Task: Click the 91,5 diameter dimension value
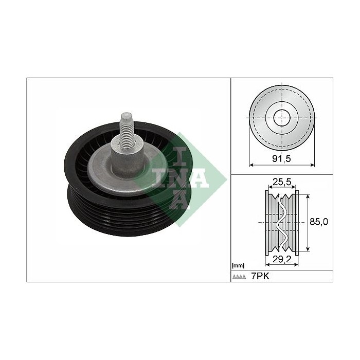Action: click(x=281, y=158)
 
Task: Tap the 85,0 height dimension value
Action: click(x=319, y=222)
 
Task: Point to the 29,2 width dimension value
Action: click(x=282, y=259)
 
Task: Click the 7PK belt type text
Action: click(x=260, y=276)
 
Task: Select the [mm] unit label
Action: click(x=238, y=266)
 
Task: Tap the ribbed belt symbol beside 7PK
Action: click(x=239, y=277)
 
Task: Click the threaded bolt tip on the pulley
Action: click(x=127, y=116)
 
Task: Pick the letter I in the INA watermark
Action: click(x=180, y=156)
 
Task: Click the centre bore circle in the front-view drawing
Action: click(x=282, y=118)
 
